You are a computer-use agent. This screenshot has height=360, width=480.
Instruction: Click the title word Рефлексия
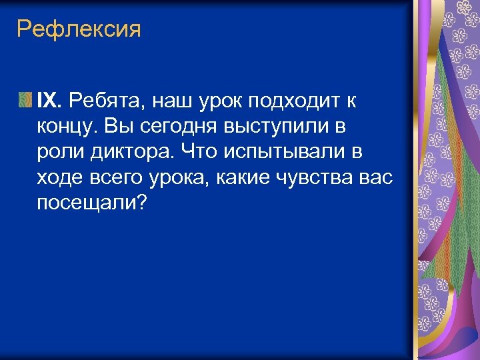[x=79, y=30]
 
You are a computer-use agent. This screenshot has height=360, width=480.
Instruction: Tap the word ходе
[x=59, y=177]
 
